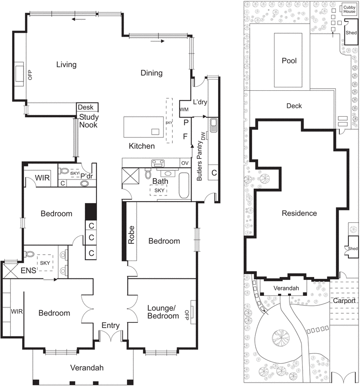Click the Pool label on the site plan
click(x=289, y=61)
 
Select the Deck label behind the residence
click(x=294, y=106)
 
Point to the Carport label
click(x=344, y=301)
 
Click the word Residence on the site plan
click(x=299, y=213)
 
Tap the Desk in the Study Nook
click(x=87, y=107)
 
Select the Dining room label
click(x=151, y=73)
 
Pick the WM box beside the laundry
click(x=184, y=110)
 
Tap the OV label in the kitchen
click(x=185, y=163)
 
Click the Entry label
click(x=110, y=326)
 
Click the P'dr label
click(x=87, y=176)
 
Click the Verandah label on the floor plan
click(x=87, y=368)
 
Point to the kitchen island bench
click(x=142, y=127)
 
